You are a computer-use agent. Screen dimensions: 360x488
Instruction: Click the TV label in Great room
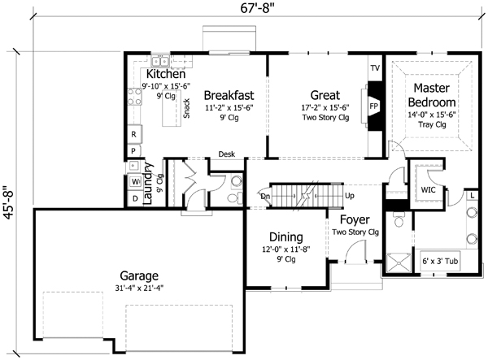pyautogui.click(x=375, y=67)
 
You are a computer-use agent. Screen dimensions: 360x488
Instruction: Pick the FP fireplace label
pyautogui.click(x=374, y=106)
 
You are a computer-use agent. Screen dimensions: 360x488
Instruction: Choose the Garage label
pyautogui.click(x=136, y=275)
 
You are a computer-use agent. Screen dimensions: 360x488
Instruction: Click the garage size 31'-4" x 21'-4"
pyautogui.click(x=137, y=288)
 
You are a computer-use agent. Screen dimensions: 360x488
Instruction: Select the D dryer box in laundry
pyautogui.click(x=134, y=197)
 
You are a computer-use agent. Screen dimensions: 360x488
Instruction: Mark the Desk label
pyautogui.click(x=227, y=154)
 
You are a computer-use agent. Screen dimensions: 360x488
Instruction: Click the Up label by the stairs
pyautogui.click(x=350, y=196)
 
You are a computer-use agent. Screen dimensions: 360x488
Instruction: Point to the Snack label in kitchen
pyautogui.click(x=186, y=107)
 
